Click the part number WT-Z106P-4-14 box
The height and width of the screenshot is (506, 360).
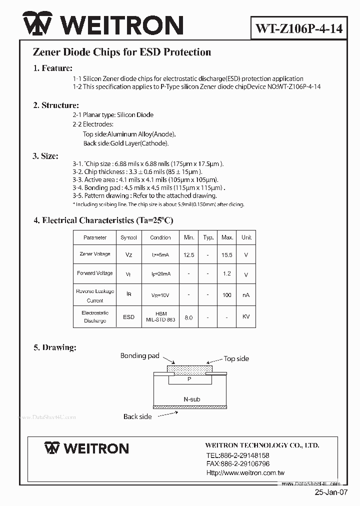(299, 28)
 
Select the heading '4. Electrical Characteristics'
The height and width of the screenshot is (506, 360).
(103, 220)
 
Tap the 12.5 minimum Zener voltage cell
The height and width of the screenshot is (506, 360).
(189, 254)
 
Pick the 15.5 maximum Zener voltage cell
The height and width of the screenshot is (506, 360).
(227, 254)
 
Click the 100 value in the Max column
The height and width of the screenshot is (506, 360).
(227, 295)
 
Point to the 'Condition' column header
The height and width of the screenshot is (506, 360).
(160, 237)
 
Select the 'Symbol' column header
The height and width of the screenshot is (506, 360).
(128, 237)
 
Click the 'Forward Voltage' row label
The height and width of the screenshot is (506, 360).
(95, 273)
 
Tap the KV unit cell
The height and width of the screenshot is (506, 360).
(246, 317)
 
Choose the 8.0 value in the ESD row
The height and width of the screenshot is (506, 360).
(189, 317)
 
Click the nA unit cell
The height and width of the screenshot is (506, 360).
(246, 295)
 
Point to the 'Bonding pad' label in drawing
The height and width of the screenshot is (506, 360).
(139, 356)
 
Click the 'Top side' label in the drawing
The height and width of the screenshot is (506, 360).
(236, 358)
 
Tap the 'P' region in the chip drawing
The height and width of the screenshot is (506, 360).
(189, 379)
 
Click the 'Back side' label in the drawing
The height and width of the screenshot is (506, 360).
(137, 416)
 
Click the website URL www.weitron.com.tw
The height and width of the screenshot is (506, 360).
(245, 472)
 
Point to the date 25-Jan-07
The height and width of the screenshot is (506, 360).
(330, 492)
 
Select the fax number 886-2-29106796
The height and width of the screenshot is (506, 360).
(237, 464)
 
